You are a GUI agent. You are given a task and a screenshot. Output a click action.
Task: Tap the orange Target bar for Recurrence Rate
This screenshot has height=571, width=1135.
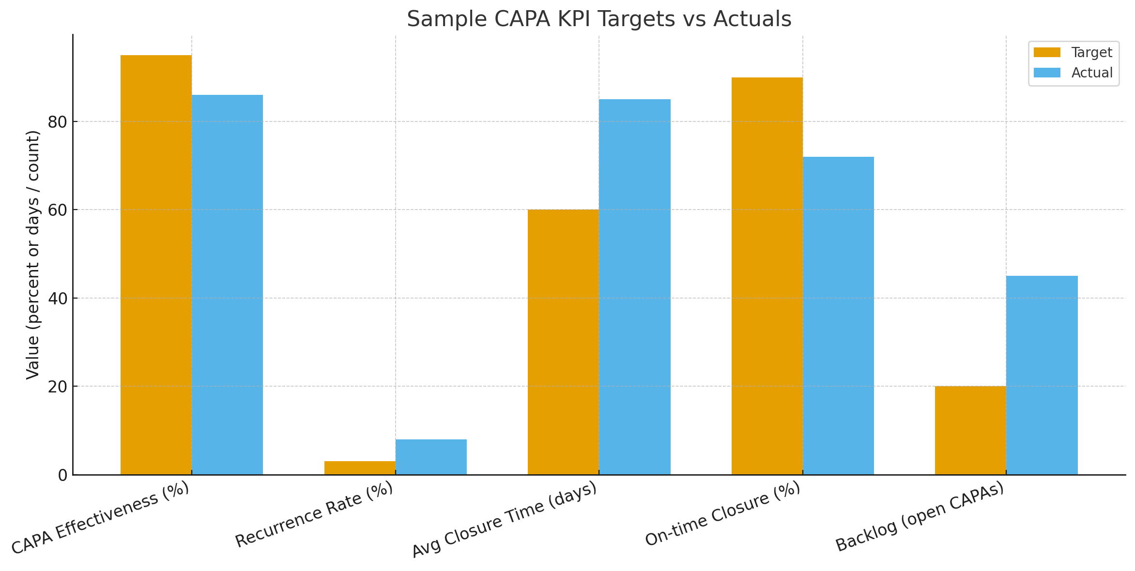pyautogui.click(x=360, y=468)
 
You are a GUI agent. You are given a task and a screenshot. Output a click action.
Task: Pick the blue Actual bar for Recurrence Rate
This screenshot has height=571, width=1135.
pyautogui.click(x=431, y=457)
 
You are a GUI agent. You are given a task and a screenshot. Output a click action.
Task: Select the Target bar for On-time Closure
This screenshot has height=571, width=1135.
pyautogui.click(x=767, y=276)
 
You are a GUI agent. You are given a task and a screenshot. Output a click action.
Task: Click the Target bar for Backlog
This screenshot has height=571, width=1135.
pyautogui.click(x=970, y=430)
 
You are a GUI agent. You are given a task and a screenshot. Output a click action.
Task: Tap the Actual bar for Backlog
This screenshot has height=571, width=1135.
pyautogui.click(x=1042, y=375)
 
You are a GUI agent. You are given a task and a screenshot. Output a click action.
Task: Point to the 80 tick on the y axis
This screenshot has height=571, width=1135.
pyautogui.click(x=57, y=122)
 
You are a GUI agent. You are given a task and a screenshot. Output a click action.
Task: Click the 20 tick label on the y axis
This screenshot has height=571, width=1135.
pyautogui.click(x=57, y=387)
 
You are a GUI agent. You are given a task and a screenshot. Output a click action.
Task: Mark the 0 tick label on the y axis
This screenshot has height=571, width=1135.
pyautogui.click(x=62, y=475)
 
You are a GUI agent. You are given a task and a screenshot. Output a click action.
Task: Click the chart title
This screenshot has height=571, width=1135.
pyautogui.click(x=599, y=19)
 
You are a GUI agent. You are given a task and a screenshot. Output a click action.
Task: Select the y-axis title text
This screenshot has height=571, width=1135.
pyautogui.click(x=32, y=255)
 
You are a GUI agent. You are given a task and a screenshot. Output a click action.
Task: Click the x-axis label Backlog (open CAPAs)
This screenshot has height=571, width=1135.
pyautogui.click(x=920, y=517)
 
